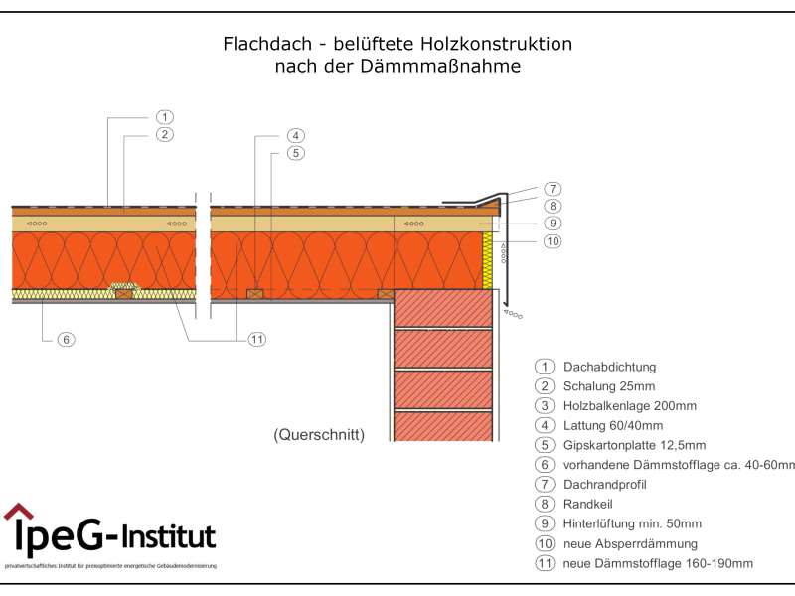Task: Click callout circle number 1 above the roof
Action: (165, 117)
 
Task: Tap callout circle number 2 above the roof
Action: (165, 134)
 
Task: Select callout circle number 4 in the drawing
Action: (295, 136)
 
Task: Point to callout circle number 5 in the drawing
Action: (295, 153)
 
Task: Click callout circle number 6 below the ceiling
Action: (66, 339)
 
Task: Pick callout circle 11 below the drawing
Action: (256, 339)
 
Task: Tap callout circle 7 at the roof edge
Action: (553, 189)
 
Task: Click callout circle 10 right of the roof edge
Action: (553, 239)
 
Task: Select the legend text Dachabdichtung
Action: (609, 367)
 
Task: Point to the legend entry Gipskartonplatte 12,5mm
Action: (634, 445)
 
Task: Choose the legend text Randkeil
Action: (586, 504)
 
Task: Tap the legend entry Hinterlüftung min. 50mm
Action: (632, 523)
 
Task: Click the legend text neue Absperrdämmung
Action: (629, 543)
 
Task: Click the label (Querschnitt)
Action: (319, 434)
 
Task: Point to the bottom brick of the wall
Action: (444, 427)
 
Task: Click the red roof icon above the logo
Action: (18, 512)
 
